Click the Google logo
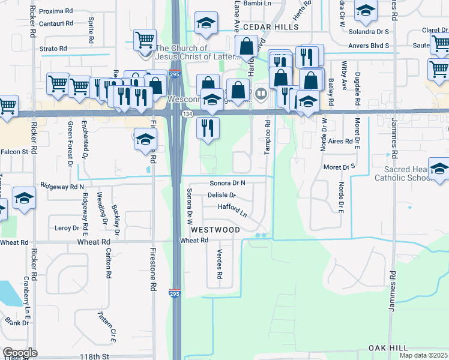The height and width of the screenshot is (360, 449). click(x=20, y=353)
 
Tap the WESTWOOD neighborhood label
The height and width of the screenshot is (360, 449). click(x=215, y=230)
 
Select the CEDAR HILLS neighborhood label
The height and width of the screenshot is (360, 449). click(x=272, y=28)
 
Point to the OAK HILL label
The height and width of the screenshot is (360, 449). click(x=388, y=348)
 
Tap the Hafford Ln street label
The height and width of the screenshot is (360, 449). click(x=232, y=210)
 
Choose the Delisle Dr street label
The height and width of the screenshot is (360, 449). click(x=222, y=196)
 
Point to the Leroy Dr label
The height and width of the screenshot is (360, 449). click(x=67, y=228)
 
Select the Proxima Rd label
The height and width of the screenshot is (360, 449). click(x=55, y=11)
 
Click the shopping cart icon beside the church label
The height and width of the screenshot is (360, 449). click(x=145, y=41)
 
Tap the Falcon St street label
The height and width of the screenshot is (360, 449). click(x=14, y=152)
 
